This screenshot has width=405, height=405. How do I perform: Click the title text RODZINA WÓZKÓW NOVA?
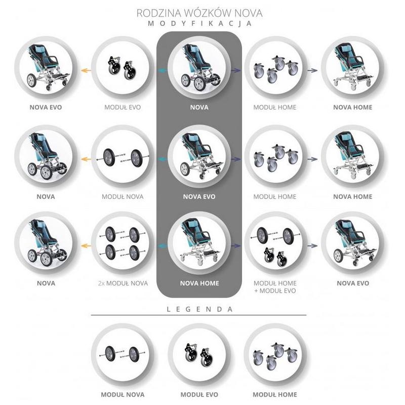tap(199, 13)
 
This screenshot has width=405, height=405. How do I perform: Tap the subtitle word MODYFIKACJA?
tap(199, 24)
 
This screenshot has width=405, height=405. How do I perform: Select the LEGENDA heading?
tap(199, 309)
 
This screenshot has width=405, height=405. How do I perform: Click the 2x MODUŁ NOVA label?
tap(123, 283)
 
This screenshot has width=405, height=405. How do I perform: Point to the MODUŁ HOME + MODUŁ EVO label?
tap(275, 287)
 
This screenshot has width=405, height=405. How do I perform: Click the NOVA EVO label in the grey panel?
tap(199, 196)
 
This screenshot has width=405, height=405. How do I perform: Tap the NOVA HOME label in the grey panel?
tap(199, 283)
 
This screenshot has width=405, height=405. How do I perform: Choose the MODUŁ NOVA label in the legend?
tap(123, 395)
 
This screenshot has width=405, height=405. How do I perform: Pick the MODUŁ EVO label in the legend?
tap(199, 395)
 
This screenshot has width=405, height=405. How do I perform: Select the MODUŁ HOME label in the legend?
tap(275, 395)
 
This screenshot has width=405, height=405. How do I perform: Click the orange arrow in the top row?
tap(86, 70)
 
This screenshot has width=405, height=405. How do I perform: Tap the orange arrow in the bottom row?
tap(86, 246)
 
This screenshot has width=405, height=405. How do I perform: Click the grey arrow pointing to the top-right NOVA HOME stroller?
tap(312, 70)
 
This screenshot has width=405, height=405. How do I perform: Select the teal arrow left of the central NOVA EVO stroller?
tap(162, 159)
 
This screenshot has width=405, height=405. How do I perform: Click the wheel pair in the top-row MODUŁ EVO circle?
tap(121, 68)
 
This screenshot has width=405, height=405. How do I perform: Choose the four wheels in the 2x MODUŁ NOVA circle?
tap(123, 244)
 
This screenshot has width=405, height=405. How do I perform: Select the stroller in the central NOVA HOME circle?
tap(200, 242)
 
